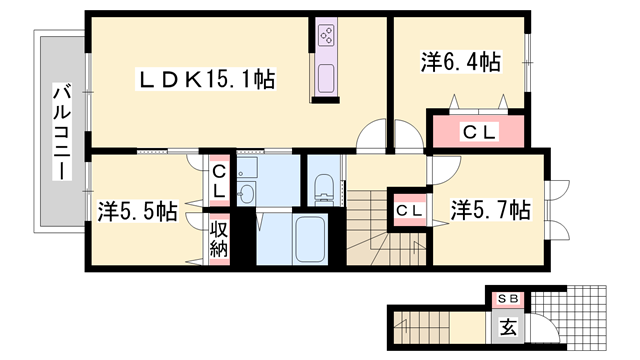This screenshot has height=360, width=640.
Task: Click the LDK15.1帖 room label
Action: [207, 79]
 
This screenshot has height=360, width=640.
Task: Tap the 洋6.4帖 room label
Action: [460, 62]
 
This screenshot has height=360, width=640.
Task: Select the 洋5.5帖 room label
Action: [138, 211]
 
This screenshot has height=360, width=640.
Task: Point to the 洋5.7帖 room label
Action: [490, 210]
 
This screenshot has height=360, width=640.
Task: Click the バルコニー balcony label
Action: [62, 131]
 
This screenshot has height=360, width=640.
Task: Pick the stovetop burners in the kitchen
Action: [327, 36]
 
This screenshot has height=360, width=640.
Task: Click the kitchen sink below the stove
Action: [327, 78]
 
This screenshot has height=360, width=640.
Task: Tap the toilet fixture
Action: [325, 189]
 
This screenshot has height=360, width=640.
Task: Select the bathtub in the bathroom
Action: [310, 240]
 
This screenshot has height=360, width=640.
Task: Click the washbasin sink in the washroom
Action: [246, 192]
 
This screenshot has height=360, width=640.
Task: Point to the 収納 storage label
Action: [219, 240]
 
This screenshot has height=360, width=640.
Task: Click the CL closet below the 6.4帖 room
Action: [478, 131]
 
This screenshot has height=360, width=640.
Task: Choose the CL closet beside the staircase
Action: [410, 211]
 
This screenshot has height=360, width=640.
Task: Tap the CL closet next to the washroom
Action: [219, 181]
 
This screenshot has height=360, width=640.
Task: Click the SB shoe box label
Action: [508, 299]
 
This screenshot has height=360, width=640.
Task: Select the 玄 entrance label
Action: [508, 327]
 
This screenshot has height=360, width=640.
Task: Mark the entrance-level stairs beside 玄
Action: [421, 327]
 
